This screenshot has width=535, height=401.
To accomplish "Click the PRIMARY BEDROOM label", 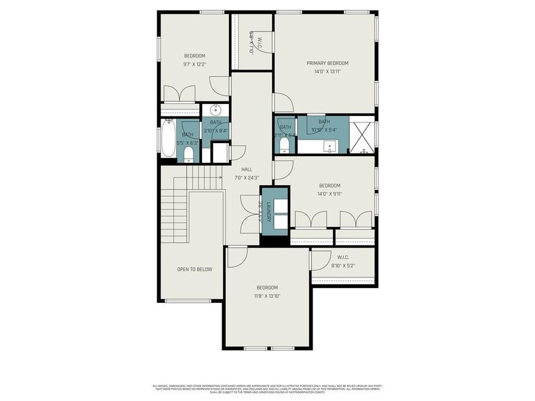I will [x=327, y=63].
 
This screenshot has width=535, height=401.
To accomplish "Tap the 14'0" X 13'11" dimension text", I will [x=327, y=71].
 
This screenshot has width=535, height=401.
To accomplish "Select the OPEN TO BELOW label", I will [x=194, y=269].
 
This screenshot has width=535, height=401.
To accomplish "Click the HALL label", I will [x=247, y=169].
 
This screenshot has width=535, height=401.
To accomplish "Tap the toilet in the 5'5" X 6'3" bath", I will [x=188, y=154].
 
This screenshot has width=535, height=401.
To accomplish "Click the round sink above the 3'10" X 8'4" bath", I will [x=216, y=110].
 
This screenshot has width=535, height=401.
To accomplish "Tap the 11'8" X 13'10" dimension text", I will [x=267, y=296].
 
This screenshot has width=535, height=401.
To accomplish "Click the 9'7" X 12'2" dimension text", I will [x=194, y=64].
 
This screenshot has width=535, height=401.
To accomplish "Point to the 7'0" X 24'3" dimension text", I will [x=247, y=178].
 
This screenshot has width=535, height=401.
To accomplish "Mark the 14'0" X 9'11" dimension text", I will [x=329, y=193].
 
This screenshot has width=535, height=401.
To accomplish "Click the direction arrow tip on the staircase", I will [x=221, y=177].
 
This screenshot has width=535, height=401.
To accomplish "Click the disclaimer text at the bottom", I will [x=267, y=389].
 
